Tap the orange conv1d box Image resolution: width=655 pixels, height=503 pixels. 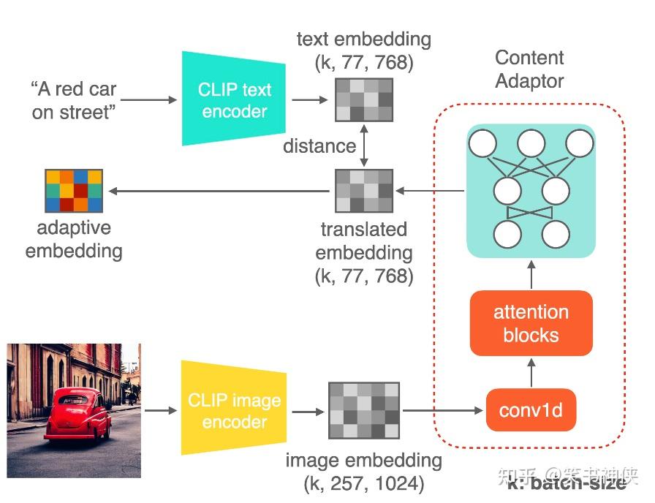(531, 410)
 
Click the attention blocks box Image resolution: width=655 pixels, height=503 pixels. (531, 324)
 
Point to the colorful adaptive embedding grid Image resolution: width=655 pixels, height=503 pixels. (74, 191)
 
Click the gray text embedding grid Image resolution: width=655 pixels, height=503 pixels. (364, 99)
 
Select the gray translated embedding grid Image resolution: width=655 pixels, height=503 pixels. (364, 191)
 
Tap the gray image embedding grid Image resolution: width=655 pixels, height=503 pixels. (364, 410)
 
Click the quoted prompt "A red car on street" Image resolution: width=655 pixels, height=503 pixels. (74, 101)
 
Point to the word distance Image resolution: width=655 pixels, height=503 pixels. (319, 145)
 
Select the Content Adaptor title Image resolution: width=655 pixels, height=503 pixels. (529, 69)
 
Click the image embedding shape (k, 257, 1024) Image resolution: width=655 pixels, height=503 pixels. (363, 483)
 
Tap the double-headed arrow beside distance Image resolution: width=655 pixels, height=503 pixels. (364, 145)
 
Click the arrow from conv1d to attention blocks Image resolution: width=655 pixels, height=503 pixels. (531, 372)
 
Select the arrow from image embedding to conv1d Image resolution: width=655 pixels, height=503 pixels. (442, 410)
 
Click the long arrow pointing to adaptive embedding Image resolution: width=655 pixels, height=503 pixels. (219, 192)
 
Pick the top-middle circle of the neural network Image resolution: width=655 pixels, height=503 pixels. (531, 144)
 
